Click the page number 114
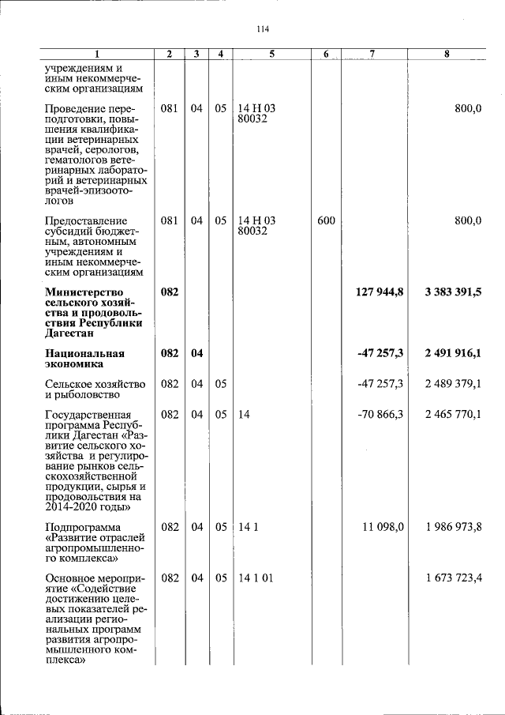263,29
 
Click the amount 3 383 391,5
452,292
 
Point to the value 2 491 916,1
452,353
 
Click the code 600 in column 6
326,220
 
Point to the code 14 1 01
256,579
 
